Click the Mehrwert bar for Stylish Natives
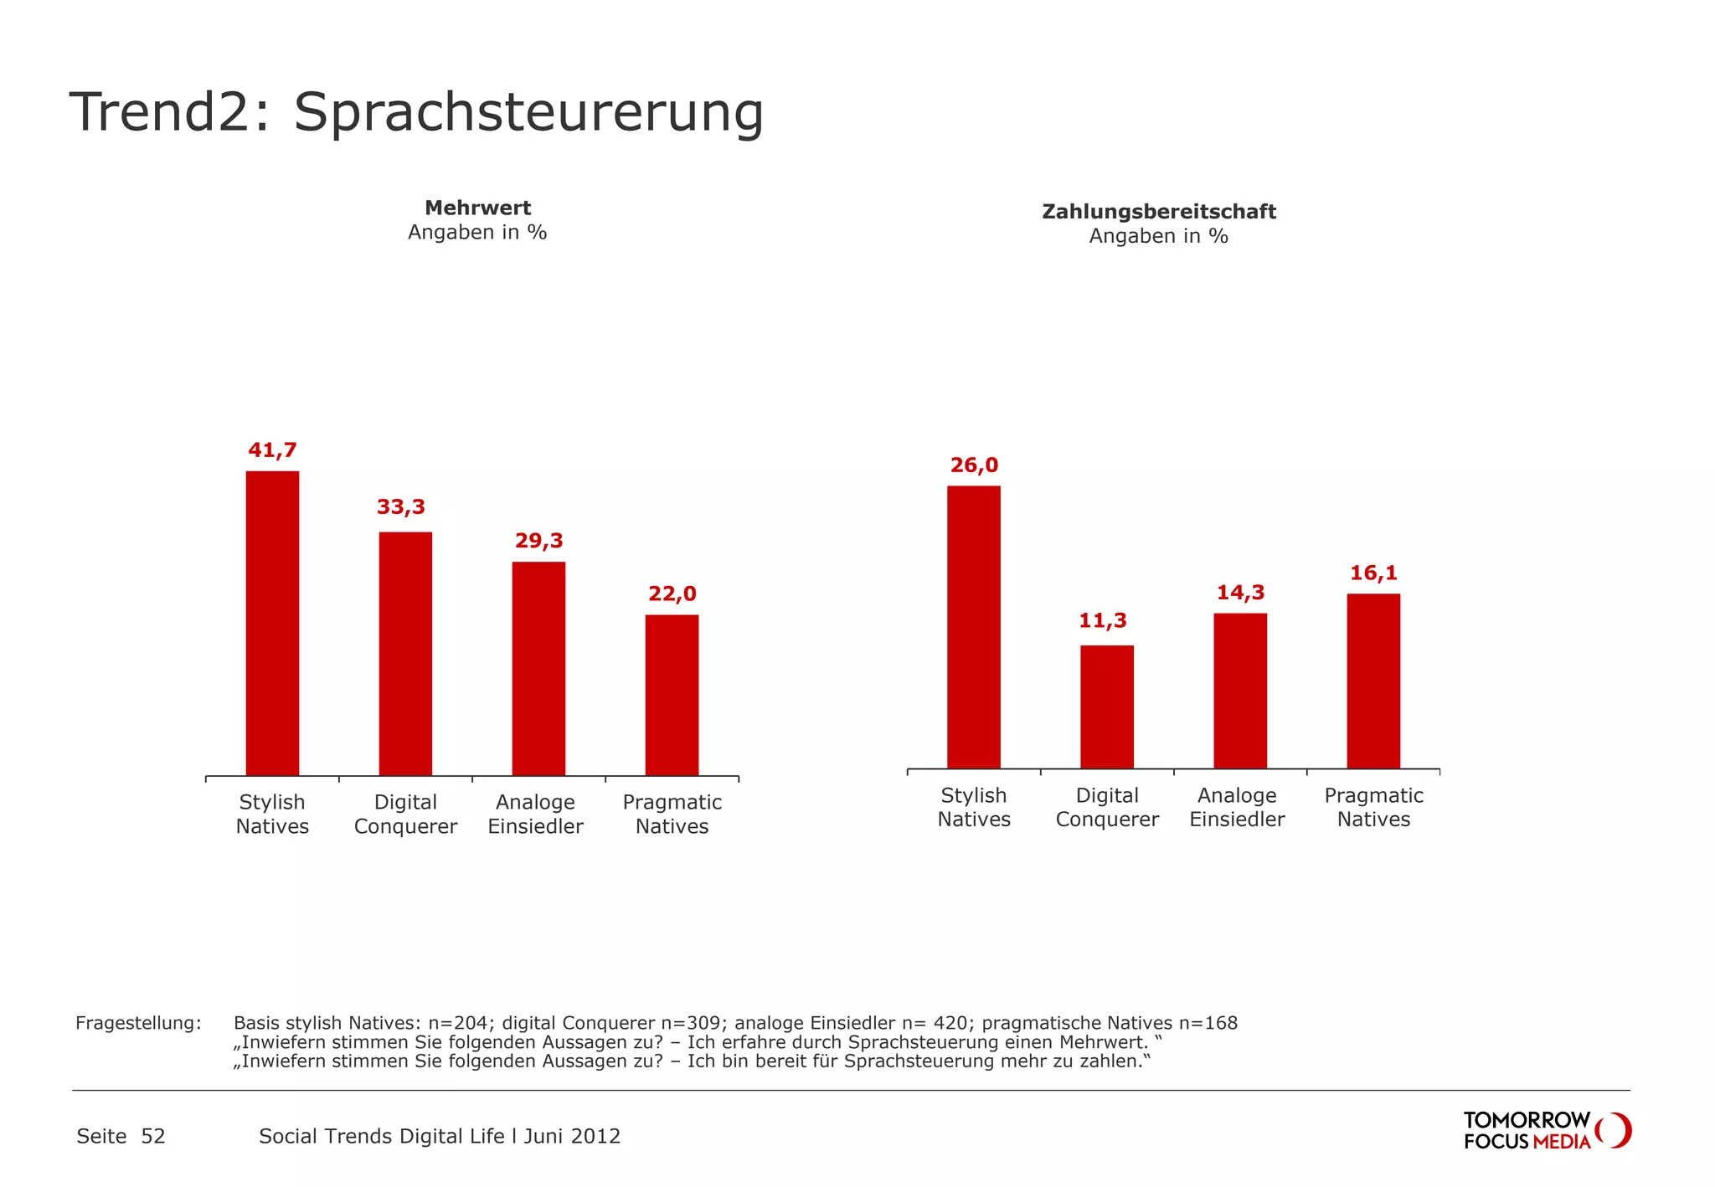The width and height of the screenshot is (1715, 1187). (x=272, y=624)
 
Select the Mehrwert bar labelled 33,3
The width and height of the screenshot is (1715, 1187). (x=405, y=654)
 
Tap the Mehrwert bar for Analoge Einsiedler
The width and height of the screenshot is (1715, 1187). (x=538, y=669)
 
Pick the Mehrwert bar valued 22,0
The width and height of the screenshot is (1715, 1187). (x=672, y=696)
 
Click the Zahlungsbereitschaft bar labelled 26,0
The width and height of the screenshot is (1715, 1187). (x=973, y=627)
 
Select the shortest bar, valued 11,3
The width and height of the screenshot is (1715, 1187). (x=1106, y=707)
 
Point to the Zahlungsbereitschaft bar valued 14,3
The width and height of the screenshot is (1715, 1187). (x=1239, y=691)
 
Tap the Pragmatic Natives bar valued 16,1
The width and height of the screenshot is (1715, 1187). (x=1373, y=681)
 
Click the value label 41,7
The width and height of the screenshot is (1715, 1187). (x=272, y=450)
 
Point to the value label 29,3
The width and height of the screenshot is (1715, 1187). (x=538, y=541)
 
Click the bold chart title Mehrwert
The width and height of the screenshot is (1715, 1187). (x=477, y=208)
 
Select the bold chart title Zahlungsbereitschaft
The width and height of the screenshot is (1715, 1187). (x=1158, y=212)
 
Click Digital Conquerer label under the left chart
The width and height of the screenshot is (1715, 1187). (x=405, y=814)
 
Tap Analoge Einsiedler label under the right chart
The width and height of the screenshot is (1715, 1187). (x=1237, y=808)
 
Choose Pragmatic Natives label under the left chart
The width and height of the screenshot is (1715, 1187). (x=672, y=814)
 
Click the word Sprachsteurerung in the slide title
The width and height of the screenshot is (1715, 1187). (x=528, y=113)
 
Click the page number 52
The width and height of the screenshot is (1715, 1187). (x=153, y=1136)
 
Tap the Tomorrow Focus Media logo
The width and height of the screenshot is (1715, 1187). (x=1546, y=1130)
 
